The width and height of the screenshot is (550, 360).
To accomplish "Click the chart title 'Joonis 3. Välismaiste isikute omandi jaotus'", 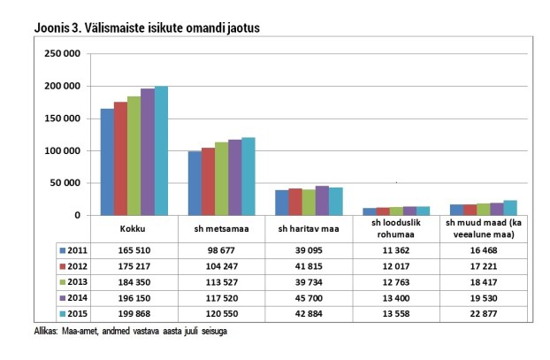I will click(x=147, y=28).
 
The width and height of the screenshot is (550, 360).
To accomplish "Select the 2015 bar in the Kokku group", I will click(x=161, y=150).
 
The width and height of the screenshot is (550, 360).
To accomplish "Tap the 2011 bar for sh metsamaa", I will click(x=193, y=183).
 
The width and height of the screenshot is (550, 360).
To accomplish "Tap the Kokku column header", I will click(x=133, y=230).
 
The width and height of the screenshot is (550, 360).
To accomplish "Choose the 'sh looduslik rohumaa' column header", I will click(x=396, y=230).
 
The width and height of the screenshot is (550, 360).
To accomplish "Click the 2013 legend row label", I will click(x=77, y=281).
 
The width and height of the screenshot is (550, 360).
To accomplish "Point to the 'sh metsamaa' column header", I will click(x=220, y=230).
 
